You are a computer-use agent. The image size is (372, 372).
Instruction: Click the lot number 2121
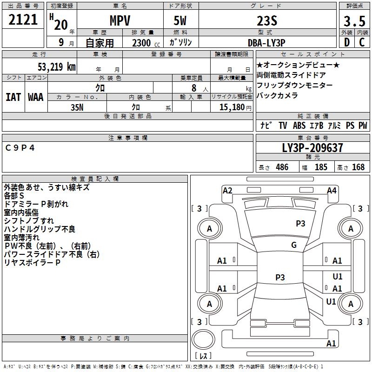[23, 20]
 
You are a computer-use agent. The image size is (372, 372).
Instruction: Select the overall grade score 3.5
[354, 21]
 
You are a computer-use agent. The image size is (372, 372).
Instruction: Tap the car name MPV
[120, 20]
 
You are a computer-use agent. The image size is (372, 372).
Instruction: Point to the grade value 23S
[267, 21]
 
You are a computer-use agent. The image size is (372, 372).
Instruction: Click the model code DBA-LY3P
[266, 43]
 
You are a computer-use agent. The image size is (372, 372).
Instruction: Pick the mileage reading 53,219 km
[57, 67]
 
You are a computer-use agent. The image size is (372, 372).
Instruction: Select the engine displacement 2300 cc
[146, 43]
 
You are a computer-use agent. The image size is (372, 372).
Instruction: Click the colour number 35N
[77, 107]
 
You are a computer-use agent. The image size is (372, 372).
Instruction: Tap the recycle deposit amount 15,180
[232, 107]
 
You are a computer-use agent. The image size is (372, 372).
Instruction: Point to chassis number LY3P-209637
[312, 148]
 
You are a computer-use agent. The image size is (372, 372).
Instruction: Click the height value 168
[358, 167]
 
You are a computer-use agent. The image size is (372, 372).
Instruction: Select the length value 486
[282, 167]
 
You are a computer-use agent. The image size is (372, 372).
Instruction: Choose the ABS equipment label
[299, 126]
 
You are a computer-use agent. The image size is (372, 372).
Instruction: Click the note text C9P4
[20, 148]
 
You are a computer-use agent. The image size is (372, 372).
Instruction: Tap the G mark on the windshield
[294, 245]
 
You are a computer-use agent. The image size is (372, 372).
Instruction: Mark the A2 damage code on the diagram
[227, 191]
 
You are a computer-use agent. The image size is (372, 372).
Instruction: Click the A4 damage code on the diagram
[332, 191]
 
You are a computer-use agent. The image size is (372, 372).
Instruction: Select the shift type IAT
[13, 97]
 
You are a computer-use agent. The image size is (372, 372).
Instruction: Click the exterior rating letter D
[347, 42]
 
